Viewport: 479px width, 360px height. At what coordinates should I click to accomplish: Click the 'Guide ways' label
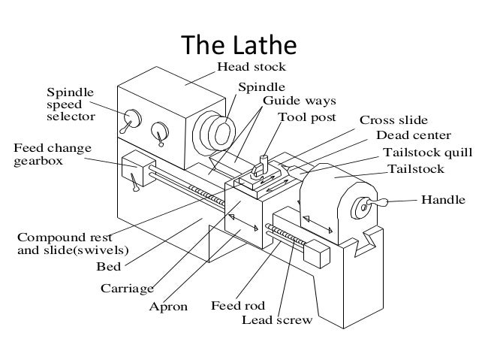[x=299, y=100]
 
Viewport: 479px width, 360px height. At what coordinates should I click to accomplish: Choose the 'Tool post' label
[x=308, y=117]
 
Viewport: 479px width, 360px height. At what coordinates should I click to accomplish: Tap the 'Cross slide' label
[x=393, y=120]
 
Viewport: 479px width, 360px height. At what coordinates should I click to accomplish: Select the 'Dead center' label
[x=413, y=135]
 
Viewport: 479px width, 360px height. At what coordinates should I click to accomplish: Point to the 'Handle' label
[x=441, y=201]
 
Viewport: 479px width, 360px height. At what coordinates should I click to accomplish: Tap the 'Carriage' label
[x=127, y=288]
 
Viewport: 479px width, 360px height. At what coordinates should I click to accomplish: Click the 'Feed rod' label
[x=233, y=306]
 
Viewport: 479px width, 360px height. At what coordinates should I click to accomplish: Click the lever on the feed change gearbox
[x=132, y=180]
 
